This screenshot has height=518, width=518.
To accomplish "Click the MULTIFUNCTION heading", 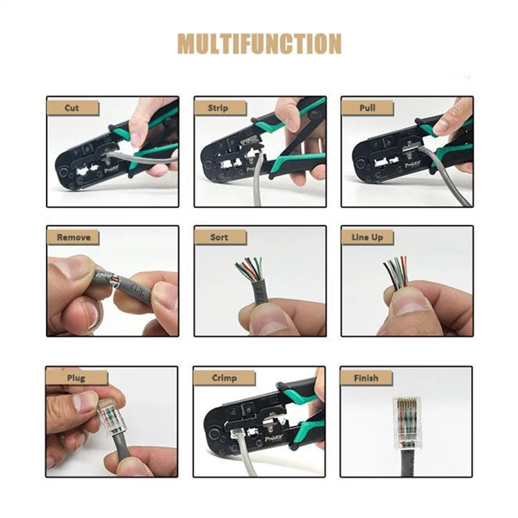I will (259, 44).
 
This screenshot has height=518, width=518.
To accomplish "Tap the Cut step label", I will (72, 107).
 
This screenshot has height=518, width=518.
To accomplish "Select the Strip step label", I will (218, 107).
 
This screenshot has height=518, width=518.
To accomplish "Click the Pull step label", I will (366, 107).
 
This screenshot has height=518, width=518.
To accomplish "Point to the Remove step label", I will (73, 237).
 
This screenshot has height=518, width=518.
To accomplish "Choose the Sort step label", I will (219, 237).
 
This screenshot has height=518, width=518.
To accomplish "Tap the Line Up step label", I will (367, 237).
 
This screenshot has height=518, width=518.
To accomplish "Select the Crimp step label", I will (223, 377).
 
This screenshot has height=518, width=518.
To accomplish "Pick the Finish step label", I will (366, 377).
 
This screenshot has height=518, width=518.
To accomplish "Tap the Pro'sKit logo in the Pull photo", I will (412, 165).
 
